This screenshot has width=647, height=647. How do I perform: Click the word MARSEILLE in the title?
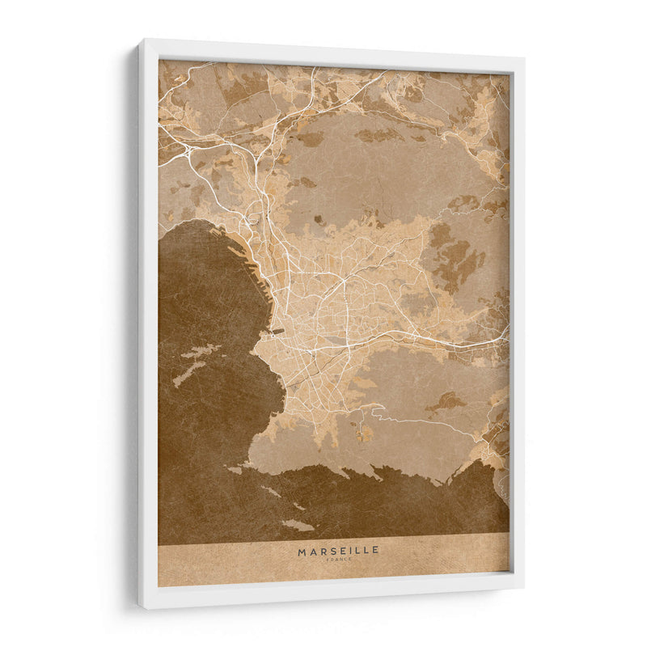pyautogui.click(x=338, y=551)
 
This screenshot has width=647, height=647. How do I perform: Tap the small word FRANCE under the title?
pyautogui.click(x=338, y=559)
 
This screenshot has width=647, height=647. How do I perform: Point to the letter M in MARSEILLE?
pyautogui.click(x=302, y=551)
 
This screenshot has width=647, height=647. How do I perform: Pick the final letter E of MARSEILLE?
pyautogui.click(x=375, y=551)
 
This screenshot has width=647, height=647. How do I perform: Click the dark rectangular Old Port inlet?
pyautogui.click(x=277, y=330)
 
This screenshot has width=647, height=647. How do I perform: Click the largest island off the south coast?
pyautogui.click(x=298, y=525)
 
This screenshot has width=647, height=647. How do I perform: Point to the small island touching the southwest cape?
pyautogui.click(x=234, y=470)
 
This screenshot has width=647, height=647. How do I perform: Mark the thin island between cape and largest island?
pyautogui.click(x=270, y=491)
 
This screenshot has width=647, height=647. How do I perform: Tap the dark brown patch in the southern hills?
pyautogui.click(x=446, y=400)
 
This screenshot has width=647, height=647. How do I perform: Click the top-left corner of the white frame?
pyautogui.click(x=140, y=41)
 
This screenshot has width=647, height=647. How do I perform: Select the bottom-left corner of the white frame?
pyautogui.click(x=140, y=606)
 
